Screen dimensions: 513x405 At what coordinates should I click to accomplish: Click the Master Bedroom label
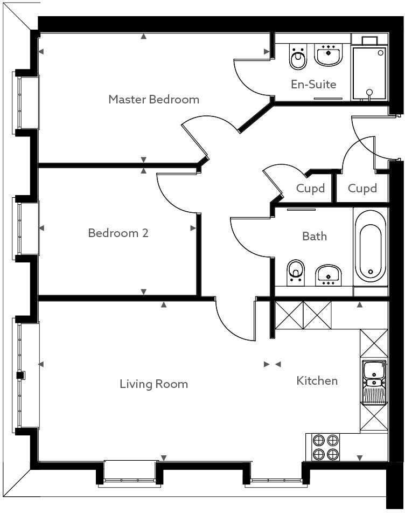click(x=153, y=99)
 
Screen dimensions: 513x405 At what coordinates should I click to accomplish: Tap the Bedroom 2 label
click(x=118, y=233)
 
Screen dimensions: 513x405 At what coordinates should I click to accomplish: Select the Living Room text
click(x=153, y=384)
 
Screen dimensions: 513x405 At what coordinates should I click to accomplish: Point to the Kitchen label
click(x=317, y=380)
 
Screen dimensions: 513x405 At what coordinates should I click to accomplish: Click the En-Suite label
click(x=313, y=84)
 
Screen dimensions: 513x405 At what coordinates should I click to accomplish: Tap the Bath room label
click(x=314, y=236)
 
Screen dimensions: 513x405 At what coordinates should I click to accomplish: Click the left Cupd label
click(x=311, y=188)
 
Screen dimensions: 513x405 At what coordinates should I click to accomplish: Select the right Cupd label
click(x=362, y=188)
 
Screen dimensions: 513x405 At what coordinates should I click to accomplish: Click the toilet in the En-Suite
click(x=297, y=58)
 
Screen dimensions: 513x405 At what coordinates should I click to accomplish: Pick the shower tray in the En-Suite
click(x=369, y=73)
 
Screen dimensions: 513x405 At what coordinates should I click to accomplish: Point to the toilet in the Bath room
click(x=295, y=271)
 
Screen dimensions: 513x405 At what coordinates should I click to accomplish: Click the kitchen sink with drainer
click(x=373, y=382)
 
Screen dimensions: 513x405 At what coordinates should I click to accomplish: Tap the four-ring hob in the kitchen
click(x=326, y=447)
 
